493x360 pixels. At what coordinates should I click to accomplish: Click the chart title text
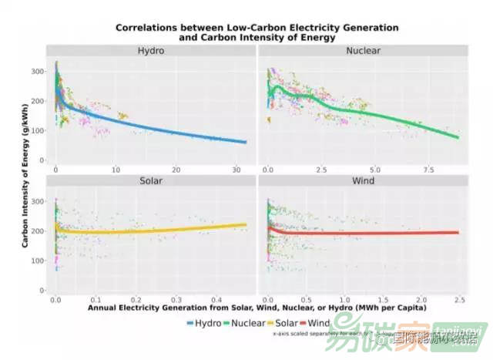257,32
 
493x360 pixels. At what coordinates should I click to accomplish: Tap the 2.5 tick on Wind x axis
459,299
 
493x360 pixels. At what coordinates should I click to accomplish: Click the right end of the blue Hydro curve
246,143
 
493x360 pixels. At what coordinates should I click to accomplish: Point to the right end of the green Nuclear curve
459,137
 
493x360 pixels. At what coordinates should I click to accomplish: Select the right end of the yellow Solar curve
246,225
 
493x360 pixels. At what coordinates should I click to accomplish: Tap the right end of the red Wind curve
459,233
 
